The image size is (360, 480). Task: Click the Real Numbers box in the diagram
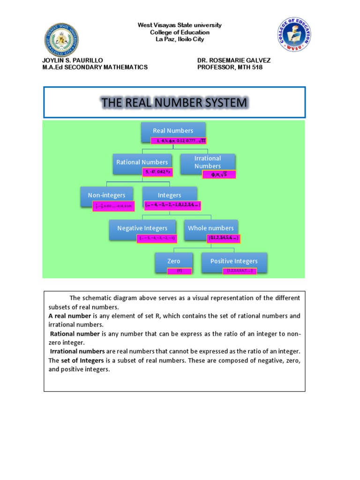(x=173, y=131)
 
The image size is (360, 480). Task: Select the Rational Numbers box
(x=142, y=162)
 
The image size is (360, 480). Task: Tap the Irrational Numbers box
(x=208, y=162)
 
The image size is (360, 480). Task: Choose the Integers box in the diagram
(x=169, y=195)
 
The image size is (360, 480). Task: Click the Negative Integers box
(x=142, y=228)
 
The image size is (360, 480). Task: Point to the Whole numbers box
(x=210, y=228)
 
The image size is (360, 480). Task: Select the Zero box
(x=173, y=261)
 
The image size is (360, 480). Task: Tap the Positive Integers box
(x=234, y=261)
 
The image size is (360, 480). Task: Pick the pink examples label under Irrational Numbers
(x=219, y=175)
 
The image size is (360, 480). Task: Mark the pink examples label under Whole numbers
(x=224, y=238)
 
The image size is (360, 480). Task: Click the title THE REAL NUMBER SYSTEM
(x=174, y=103)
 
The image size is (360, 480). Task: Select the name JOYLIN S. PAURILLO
(x=72, y=60)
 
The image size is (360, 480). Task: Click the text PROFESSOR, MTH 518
(x=230, y=67)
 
